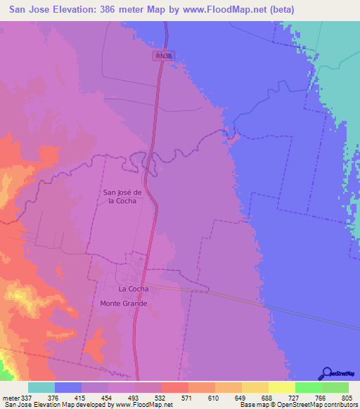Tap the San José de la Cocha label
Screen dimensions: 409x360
coord(123,196)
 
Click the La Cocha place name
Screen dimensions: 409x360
coord(133,289)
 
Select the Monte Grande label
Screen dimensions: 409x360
coord(124,303)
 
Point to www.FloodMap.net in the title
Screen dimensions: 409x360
coord(226,10)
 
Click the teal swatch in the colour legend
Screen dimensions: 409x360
coord(41,387)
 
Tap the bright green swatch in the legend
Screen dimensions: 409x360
coord(308,387)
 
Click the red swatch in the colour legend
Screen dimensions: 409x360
coord(174,387)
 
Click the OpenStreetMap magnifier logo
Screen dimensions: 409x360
coord(326,373)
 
